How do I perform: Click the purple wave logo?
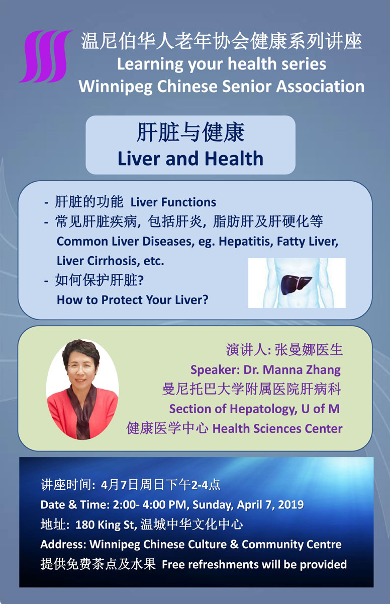pos(45,56)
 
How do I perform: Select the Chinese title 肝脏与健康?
pos(190,132)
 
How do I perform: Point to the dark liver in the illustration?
pos(295,284)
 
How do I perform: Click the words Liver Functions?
pos(173,202)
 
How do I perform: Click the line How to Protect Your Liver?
pos(132,300)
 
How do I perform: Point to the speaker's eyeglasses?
pos(80,367)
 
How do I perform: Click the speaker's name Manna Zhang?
pos(300,369)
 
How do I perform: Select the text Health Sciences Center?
pos(277,428)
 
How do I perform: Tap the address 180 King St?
pos(105,524)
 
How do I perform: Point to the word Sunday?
pos(213,505)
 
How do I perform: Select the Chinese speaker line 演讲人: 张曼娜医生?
pos(284,350)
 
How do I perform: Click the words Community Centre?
pos(291,545)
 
